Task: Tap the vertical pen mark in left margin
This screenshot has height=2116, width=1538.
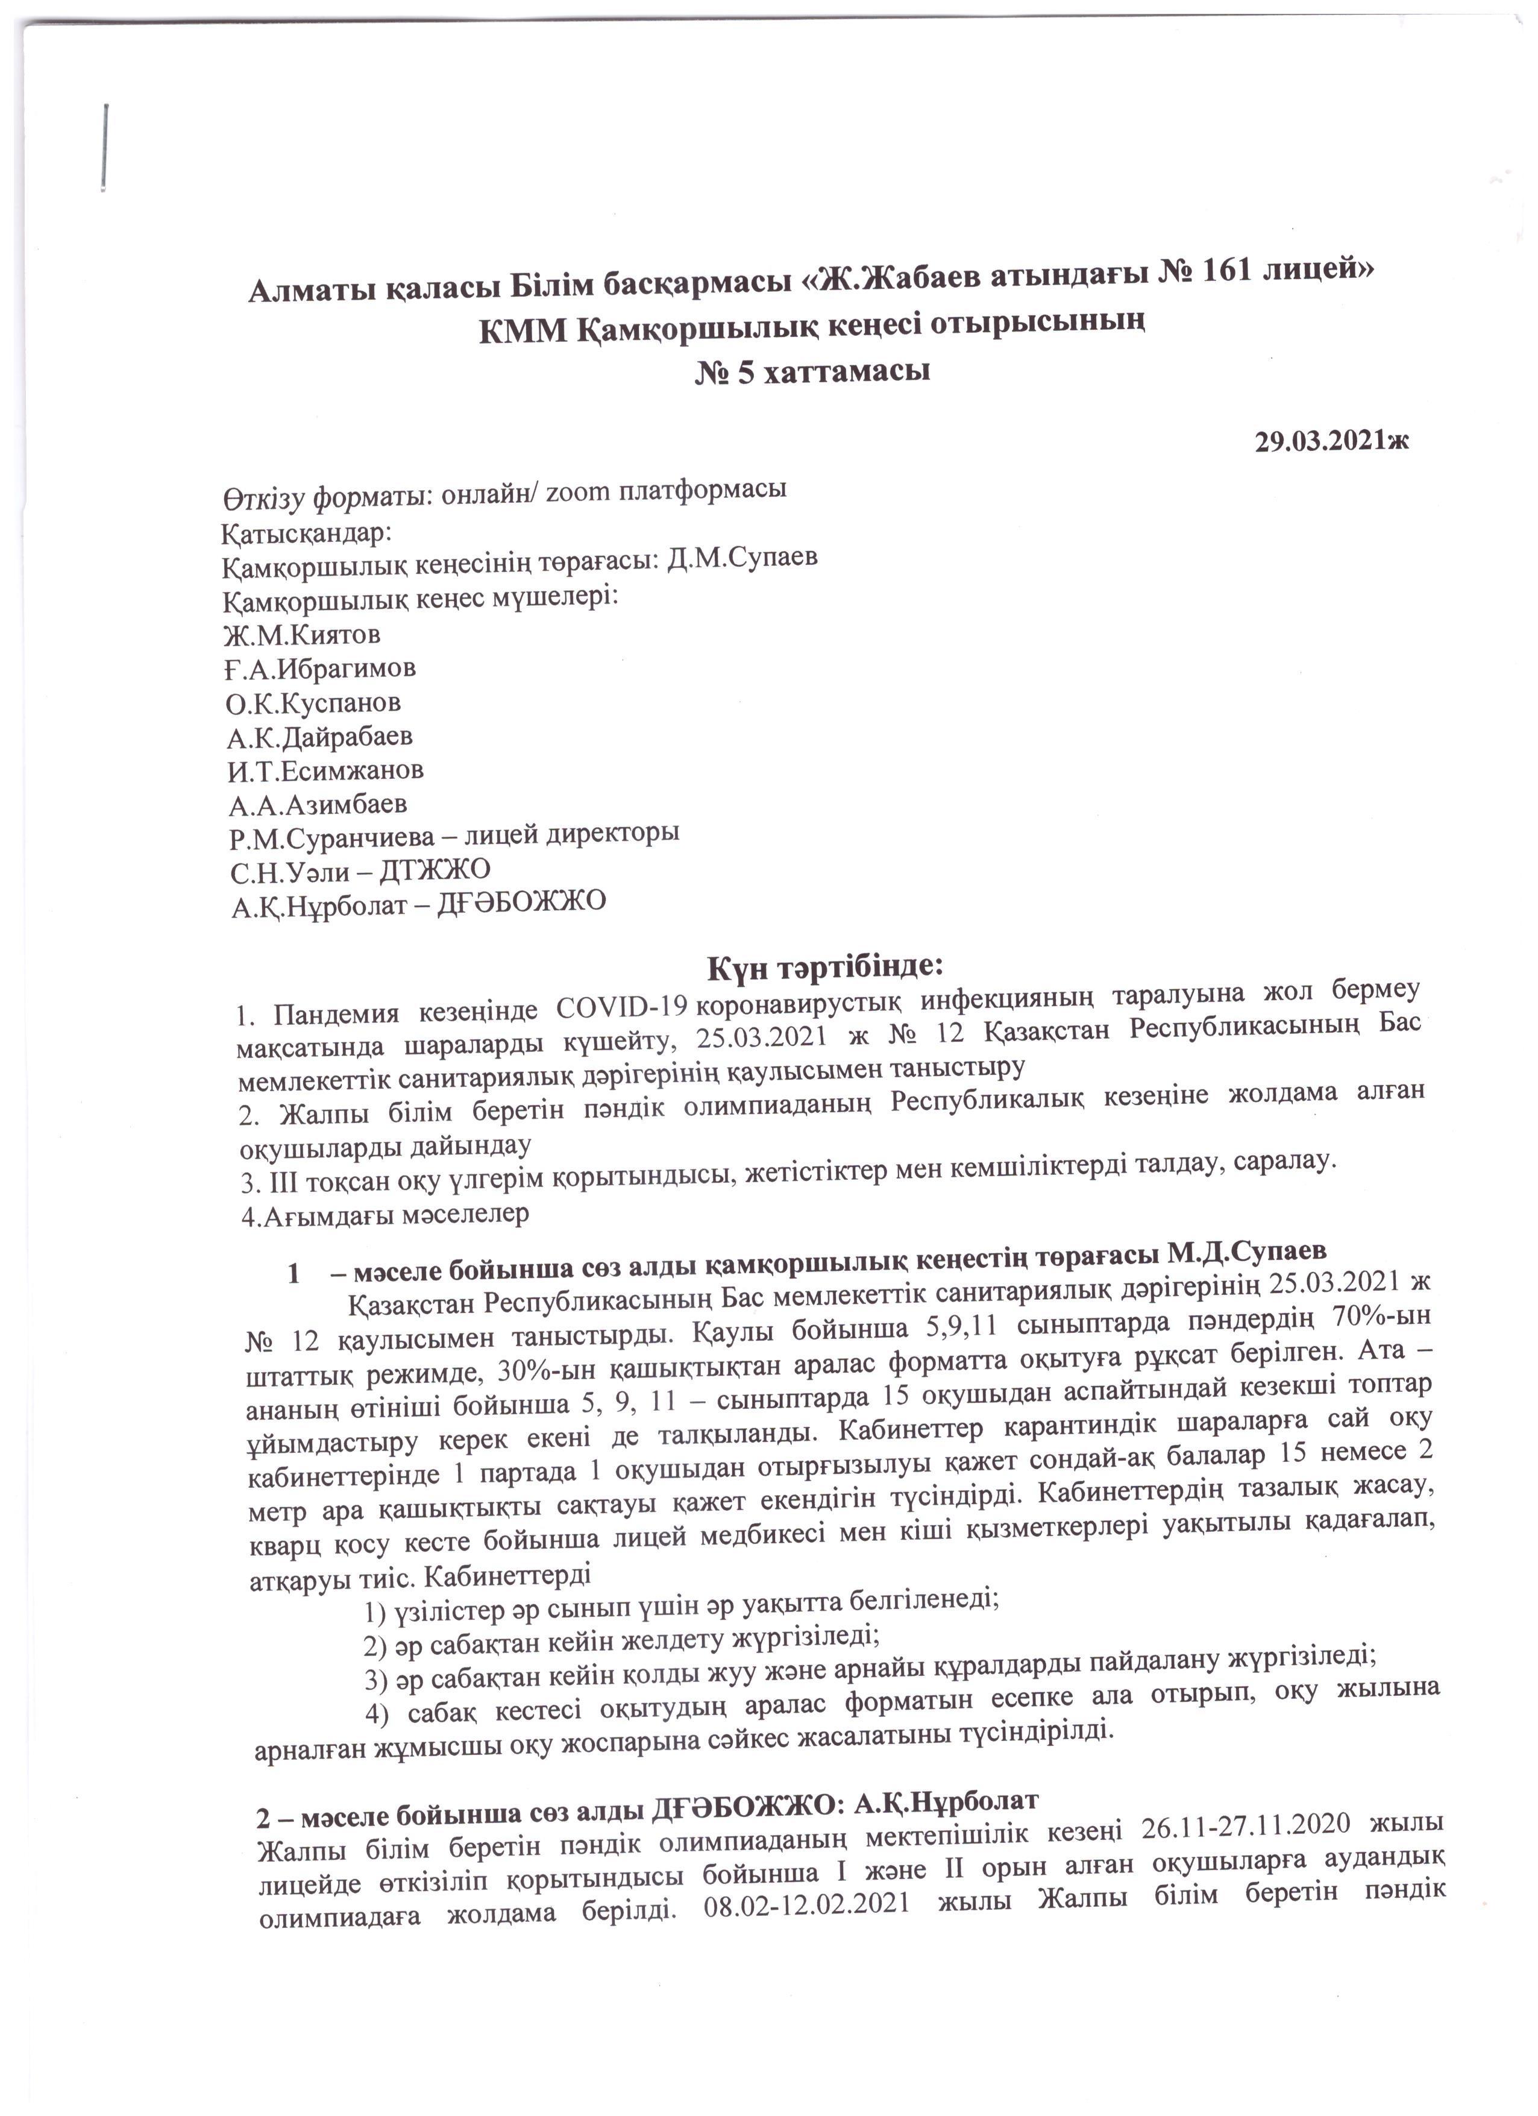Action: click(x=106, y=150)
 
